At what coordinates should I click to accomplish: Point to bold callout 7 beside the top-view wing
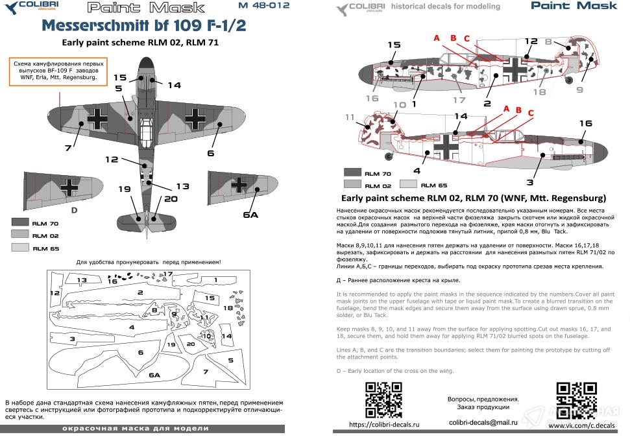click(x=67, y=148)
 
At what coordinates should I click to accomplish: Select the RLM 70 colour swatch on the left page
click(x=21, y=222)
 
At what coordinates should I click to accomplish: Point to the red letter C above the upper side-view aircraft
click(x=466, y=38)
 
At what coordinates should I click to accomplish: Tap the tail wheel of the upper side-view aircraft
click(x=569, y=80)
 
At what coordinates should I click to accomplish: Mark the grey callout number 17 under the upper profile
click(x=459, y=100)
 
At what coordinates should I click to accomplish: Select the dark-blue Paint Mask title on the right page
click(x=574, y=6)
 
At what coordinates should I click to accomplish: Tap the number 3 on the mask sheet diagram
click(x=73, y=338)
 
